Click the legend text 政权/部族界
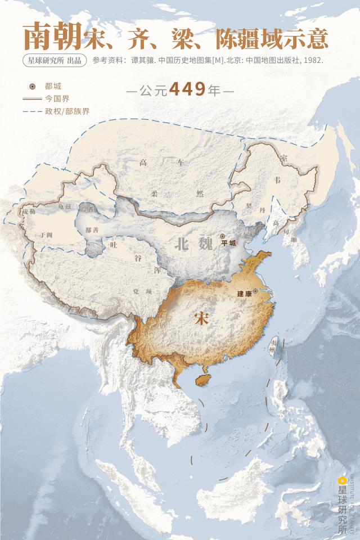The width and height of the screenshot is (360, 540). pyautogui.click(x=67, y=111)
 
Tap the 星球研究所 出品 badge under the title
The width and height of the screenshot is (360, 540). pyautogui.click(x=54, y=60)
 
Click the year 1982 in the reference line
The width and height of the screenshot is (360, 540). pyautogui.click(x=312, y=60)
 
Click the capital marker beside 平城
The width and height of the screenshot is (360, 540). pyautogui.click(x=223, y=237)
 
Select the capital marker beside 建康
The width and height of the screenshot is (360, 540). pyautogui.click(x=256, y=291)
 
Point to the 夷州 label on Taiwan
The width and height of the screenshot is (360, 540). pyautogui.click(x=273, y=345)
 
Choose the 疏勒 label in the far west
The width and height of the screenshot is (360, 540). pyautogui.click(x=29, y=212)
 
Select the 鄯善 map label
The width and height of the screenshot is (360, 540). pyautogui.click(x=92, y=230)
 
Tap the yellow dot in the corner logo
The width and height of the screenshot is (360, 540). pyautogui.click(x=341, y=480)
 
